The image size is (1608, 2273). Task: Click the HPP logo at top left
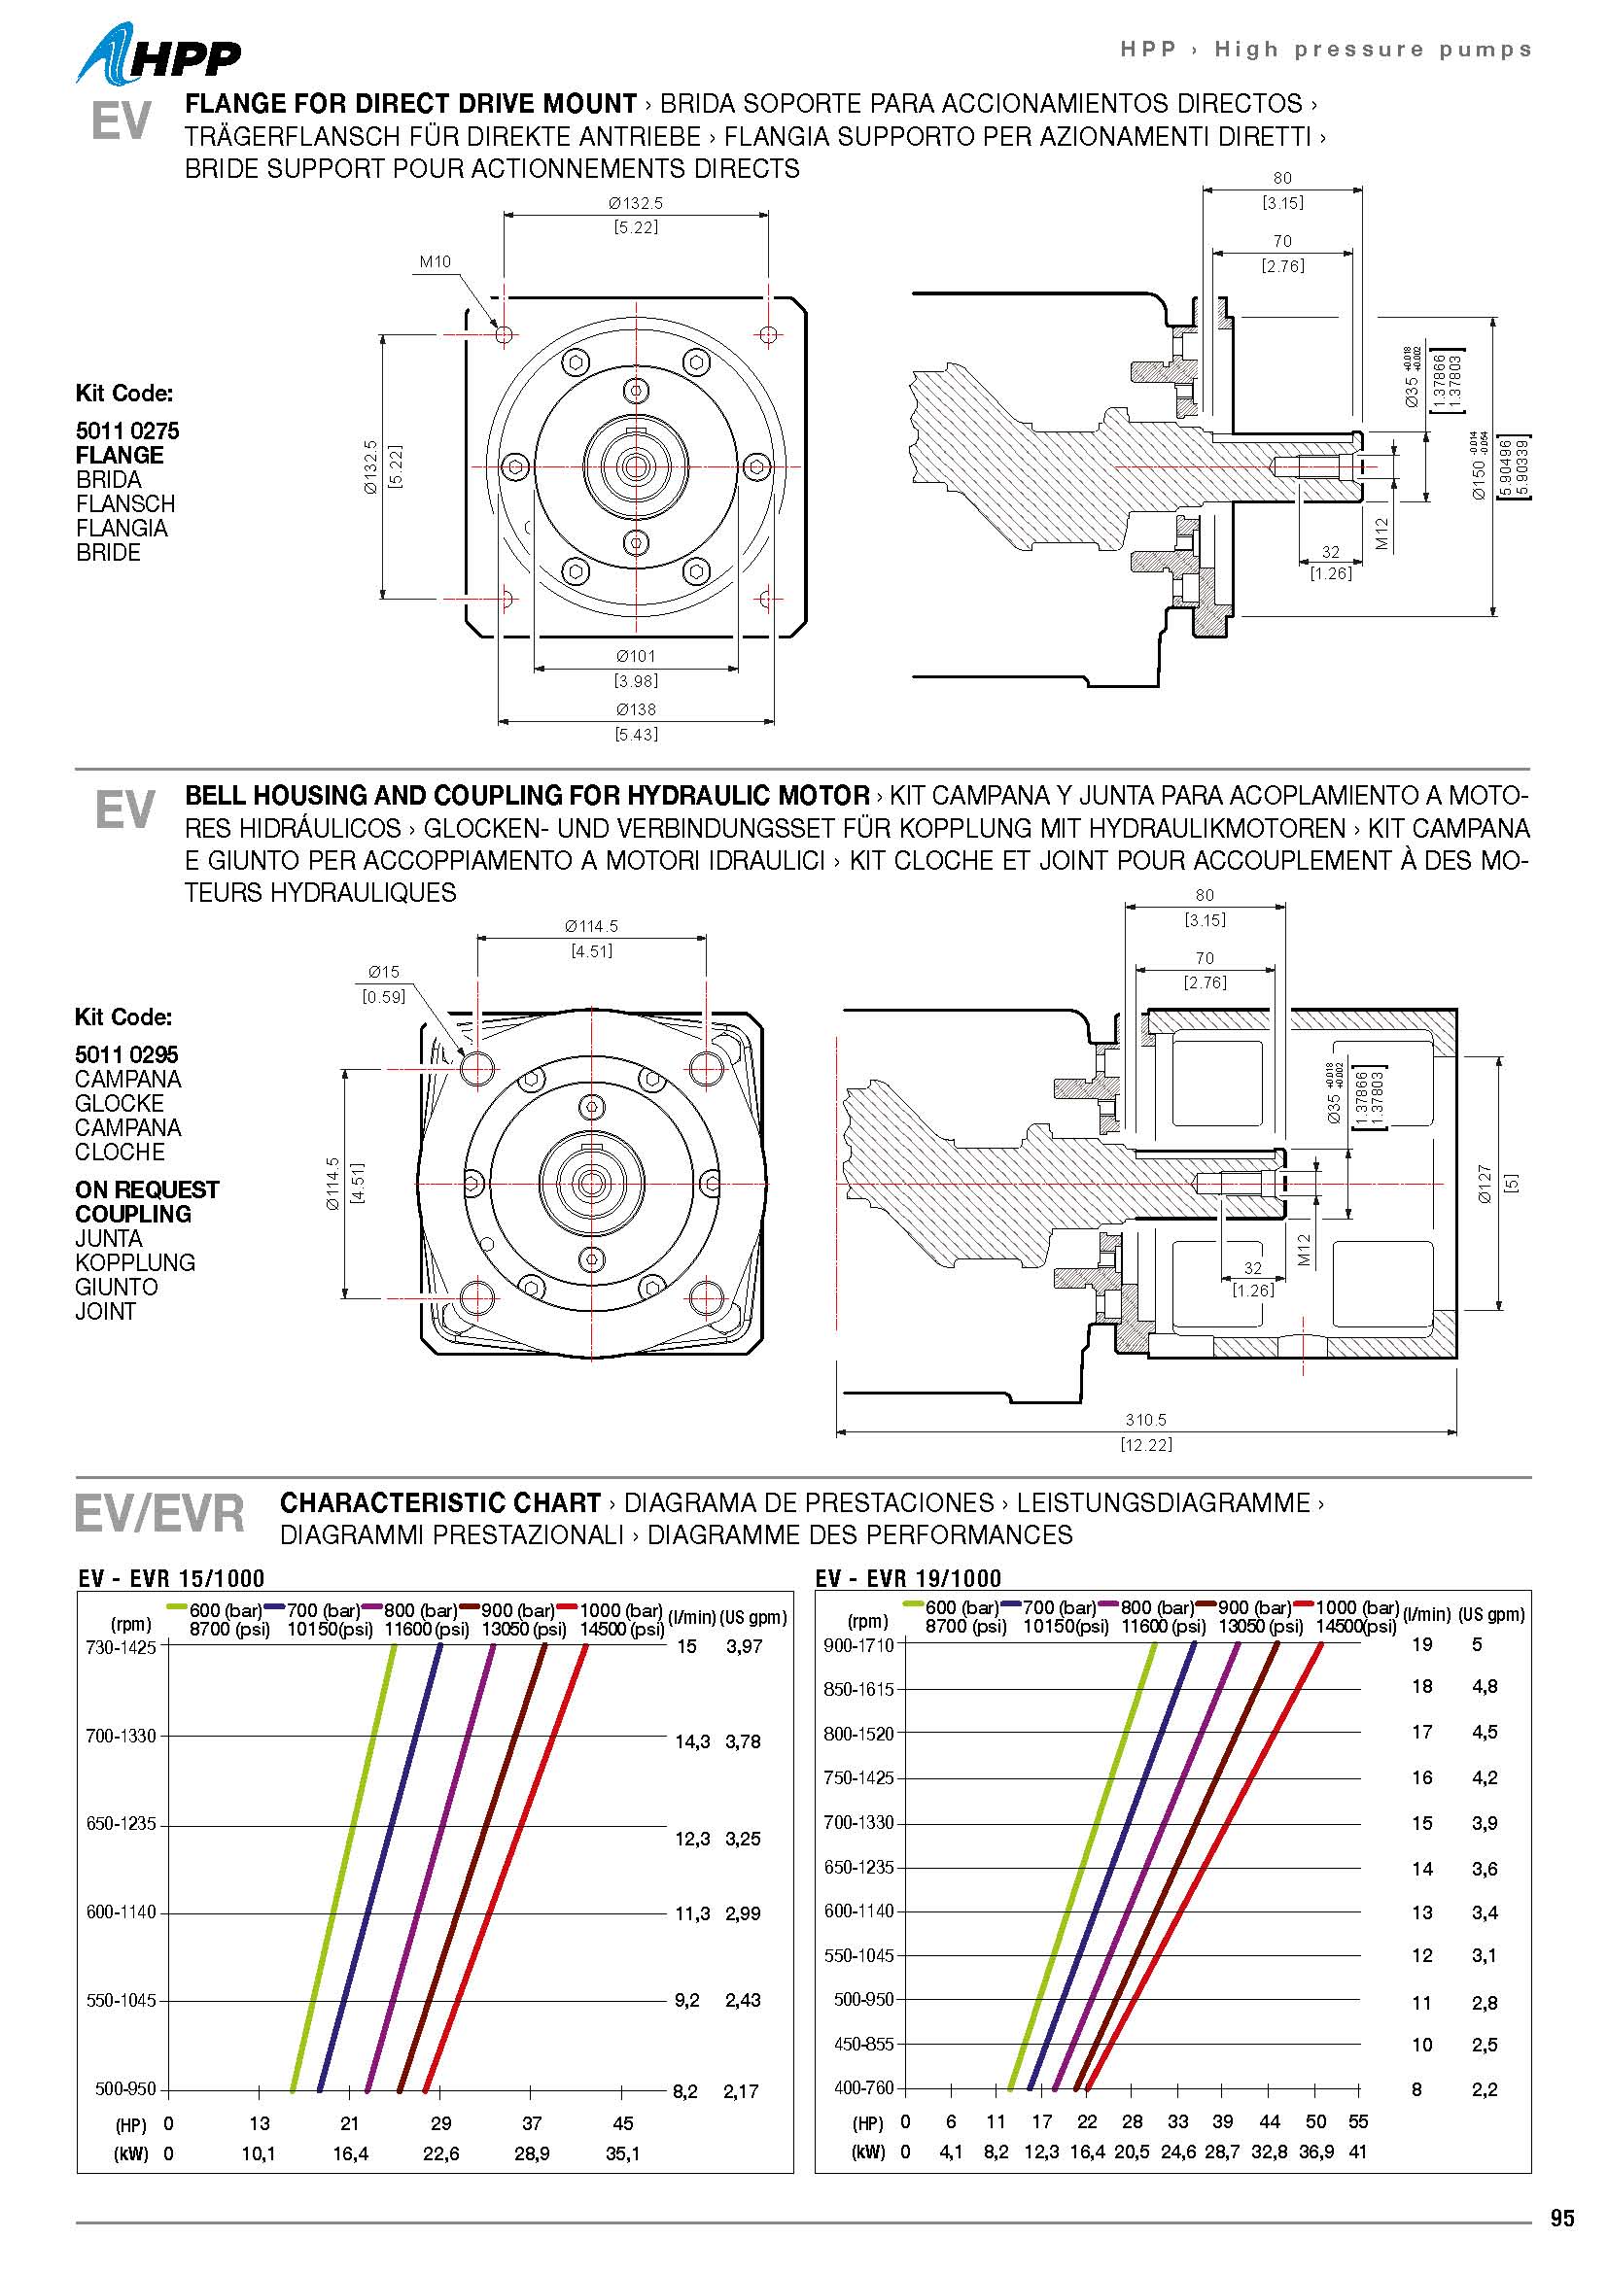point(158,55)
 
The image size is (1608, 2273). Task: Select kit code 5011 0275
point(127,430)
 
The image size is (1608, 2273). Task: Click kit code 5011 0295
point(126,1054)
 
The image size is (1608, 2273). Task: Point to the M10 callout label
point(435,262)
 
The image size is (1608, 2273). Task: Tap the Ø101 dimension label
point(636,656)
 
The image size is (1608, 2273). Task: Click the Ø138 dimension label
point(636,709)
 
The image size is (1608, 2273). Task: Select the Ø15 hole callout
point(383,972)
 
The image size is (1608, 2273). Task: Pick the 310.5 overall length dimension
point(1145,1420)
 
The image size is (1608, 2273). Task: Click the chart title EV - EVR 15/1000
point(171,1578)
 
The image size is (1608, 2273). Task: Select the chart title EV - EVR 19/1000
point(908,1578)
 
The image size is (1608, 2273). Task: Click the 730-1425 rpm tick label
point(121,1647)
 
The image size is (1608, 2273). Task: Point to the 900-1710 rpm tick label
point(858,1645)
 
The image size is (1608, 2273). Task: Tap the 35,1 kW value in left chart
point(623,2153)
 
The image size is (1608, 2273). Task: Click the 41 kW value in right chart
point(1357,2152)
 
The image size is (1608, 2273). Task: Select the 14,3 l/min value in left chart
point(692,1742)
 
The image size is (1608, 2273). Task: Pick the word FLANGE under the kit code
point(120,456)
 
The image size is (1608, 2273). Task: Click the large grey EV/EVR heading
point(159,1515)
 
